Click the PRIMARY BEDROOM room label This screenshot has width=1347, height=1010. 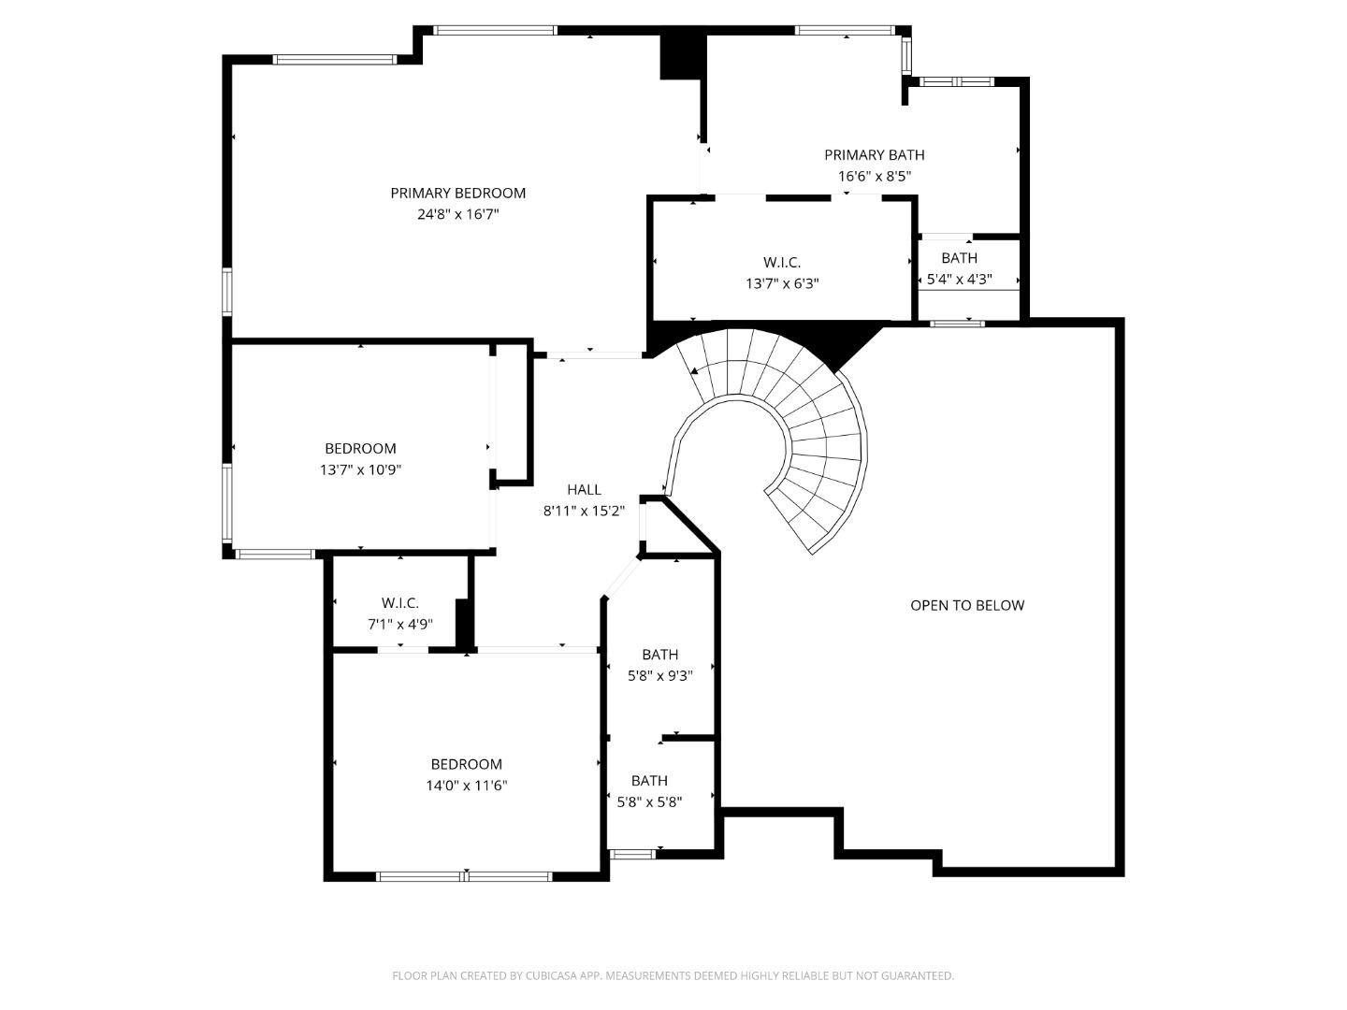click(457, 193)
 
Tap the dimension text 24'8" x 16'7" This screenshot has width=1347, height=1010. click(457, 214)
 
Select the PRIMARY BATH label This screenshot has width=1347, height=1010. click(874, 155)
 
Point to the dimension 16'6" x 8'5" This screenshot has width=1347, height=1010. click(874, 176)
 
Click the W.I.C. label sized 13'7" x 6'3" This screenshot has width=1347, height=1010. click(781, 263)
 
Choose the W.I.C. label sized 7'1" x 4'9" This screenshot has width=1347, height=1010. click(399, 603)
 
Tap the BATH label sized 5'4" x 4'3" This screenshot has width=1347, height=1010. click(959, 258)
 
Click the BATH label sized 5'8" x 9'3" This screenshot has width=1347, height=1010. click(659, 655)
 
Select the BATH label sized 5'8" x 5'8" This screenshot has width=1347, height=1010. click(649, 781)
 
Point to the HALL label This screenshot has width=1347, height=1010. click(584, 489)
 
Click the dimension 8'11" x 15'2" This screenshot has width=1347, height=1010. click(584, 511)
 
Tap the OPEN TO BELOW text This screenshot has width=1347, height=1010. click(967, 605)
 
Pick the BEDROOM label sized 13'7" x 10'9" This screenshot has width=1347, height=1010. click(360, 449)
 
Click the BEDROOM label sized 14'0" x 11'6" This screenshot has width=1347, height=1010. click(466, 764)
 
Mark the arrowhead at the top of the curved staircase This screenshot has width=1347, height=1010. click(694, 371)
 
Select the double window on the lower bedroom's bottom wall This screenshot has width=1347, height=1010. click(464, 876)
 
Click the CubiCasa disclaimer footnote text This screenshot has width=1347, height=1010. click(673, 975)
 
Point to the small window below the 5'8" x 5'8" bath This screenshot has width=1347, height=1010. click(632, 853)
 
